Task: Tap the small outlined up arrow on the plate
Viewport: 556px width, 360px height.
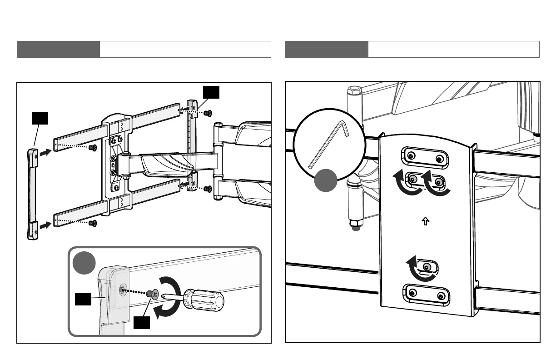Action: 426,222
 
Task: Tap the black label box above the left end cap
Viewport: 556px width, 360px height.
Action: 40,118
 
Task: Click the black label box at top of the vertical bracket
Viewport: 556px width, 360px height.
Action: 211,92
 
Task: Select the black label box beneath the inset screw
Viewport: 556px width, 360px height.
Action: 142,323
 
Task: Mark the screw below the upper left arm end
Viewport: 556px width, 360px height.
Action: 93,148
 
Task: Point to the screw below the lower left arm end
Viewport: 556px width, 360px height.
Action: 93,223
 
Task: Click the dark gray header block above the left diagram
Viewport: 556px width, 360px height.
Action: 58,49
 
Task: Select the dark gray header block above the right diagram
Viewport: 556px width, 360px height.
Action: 327,49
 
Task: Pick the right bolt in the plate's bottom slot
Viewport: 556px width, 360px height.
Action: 440,297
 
